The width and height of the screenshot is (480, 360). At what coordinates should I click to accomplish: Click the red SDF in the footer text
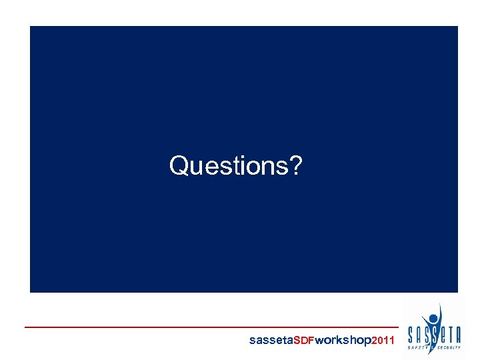point(304,341)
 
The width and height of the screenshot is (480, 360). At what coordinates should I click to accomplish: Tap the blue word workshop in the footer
point(343,341)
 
